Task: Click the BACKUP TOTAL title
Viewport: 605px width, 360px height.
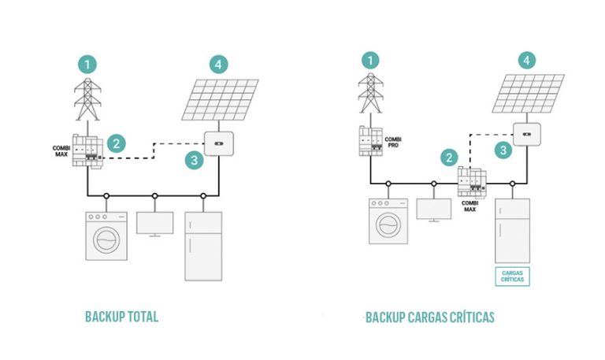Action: point(121,317)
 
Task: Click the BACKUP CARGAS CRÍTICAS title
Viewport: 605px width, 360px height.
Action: point(430,317)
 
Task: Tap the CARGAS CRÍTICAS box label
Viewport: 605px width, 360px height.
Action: point(512,275)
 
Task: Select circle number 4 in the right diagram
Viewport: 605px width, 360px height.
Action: point(528,60)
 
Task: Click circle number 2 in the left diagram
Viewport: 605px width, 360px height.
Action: point(117,143)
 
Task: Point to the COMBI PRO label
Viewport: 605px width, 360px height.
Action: point(393,142)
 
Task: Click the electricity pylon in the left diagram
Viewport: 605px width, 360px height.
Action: point(89,99)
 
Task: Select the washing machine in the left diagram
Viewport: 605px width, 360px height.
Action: point(106,235)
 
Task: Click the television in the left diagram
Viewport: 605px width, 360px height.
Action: point(154,223)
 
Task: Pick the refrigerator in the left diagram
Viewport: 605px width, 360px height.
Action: point(202,245)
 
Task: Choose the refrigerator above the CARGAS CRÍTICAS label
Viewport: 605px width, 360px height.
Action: point(512,230)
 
